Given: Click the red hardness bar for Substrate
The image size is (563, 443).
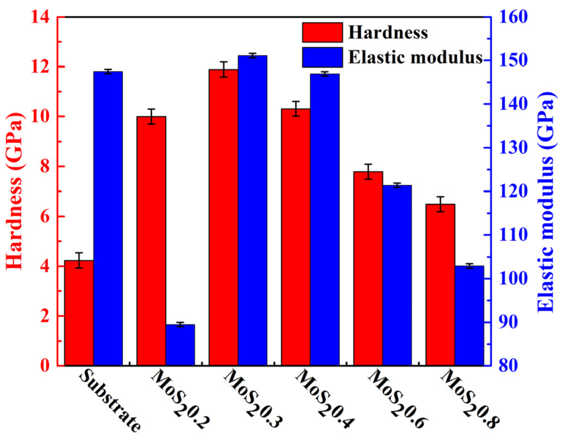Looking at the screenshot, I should click(x=79, y=313).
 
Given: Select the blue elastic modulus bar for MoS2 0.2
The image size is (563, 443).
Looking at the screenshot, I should click(x=180, y=345).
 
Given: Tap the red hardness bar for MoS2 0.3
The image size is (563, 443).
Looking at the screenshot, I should click(x=223, y=217).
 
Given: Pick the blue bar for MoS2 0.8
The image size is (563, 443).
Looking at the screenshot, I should click(x=469, y=315).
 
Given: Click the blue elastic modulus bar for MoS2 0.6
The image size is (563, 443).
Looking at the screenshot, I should click(x=397, y=275).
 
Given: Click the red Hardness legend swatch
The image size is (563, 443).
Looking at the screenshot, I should click(x=322, y=33).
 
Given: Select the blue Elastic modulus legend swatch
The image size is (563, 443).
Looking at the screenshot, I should click(x=322, y=57).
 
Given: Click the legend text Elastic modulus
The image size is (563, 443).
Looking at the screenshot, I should click(x=415, y=57).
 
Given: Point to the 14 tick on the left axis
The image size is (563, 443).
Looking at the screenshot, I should click(x=40, y=17).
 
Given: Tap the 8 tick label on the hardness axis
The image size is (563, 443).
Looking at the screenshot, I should click(x=45, y=167).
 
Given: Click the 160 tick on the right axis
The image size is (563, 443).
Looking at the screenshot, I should click(x=512, y=17).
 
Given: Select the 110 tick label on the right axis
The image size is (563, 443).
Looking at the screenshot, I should click(x=512, y=235).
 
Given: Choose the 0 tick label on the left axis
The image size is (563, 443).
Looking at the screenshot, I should click(x=45, y=366).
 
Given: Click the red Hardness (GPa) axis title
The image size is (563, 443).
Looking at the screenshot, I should click(x=15, y=191).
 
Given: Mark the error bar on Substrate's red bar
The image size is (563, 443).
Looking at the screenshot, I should click(x=79, y=260).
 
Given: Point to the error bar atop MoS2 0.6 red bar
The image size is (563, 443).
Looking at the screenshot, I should click(x=368, y=171).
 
